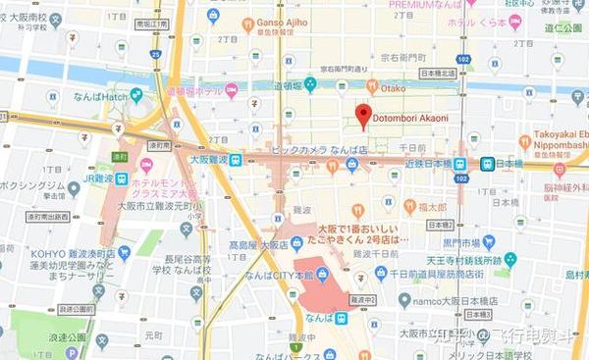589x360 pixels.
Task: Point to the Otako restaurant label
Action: click(393, 89)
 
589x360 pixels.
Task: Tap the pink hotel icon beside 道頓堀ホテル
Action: click(232, 90)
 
